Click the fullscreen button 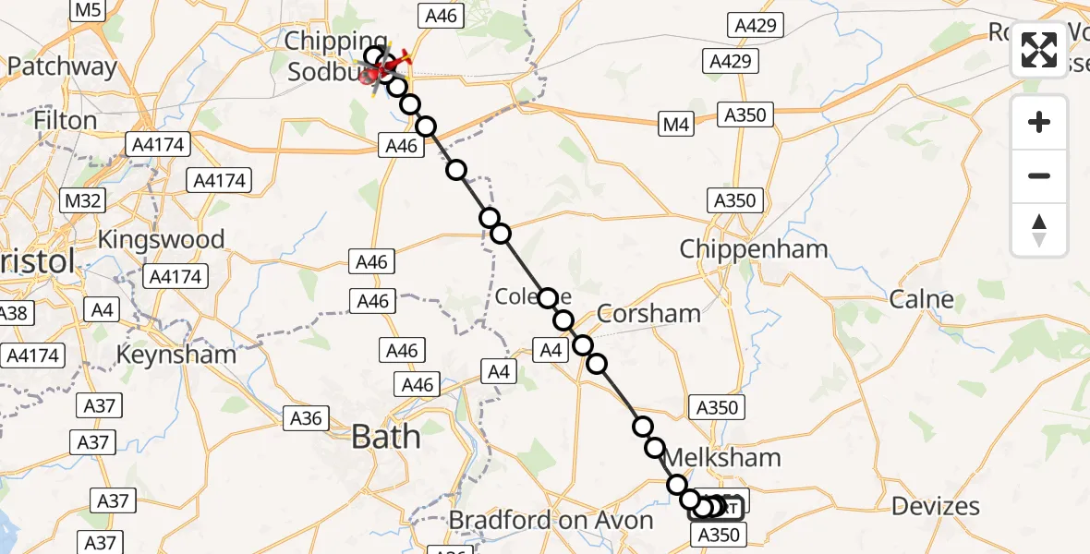point(1039,49)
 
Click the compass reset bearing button point(1039,230)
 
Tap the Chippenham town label point(754,249)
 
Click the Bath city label point(386,436)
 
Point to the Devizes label point(937,506)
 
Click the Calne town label point(921,299)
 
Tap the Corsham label point(648,314)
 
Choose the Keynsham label point(176,355)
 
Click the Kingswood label point(162,240)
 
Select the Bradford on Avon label point(551,521)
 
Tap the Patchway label point(63,67)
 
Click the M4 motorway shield point(676,126)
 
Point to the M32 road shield point(83,200)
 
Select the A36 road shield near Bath point(305,418)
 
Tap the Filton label point(65,121)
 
